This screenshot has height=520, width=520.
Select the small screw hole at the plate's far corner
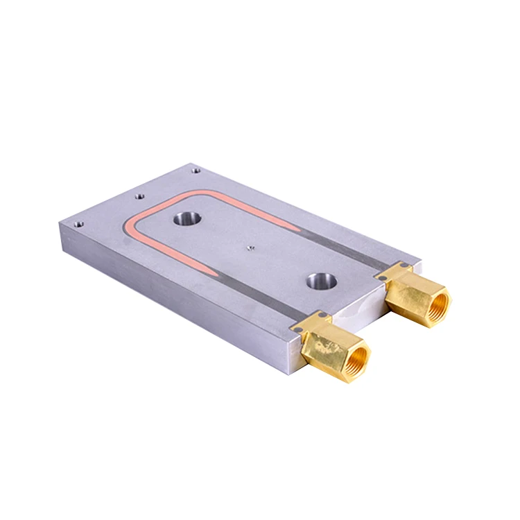196,168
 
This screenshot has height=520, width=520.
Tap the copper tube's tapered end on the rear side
295,227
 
